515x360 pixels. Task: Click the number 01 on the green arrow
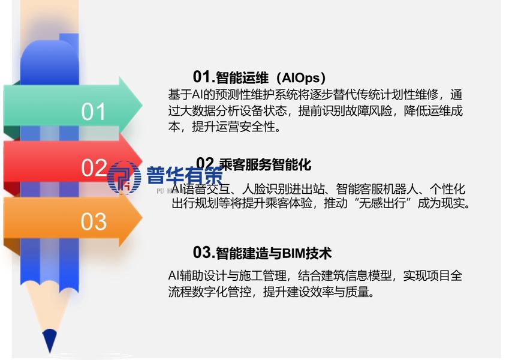tap(94, 112)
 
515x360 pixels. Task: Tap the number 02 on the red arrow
tap(94, 168)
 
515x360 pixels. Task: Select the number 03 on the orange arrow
tap(94, 221)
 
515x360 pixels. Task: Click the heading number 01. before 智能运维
tap(203, 77)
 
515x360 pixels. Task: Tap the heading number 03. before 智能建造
tap(203, 253)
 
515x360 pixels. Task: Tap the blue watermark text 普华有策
tap(184, 176)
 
